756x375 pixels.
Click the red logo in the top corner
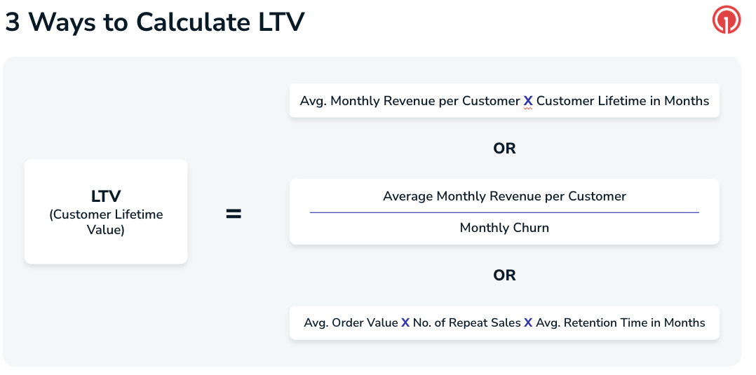coord(726,21)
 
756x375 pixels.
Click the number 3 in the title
coord(13,22)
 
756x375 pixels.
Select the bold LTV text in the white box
coord(106,197)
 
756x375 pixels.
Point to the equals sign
coord(234,214)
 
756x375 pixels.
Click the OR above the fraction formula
coord(504,149)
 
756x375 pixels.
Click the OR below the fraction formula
coord(504,275)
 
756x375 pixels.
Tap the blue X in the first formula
coord(528,101)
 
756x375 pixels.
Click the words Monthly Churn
coord(504,228)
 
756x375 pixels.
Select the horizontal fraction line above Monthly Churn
coord(504,212)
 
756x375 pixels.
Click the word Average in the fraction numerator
coord(408,196)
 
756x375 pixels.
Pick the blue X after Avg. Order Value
coord(405,323)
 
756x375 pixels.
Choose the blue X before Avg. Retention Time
coord(528,323)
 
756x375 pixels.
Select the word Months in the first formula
coord(687,101)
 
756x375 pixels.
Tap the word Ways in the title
coord(59,22)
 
